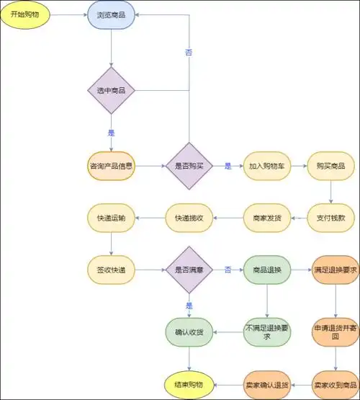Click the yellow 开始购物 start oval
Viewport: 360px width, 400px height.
coord(24,14)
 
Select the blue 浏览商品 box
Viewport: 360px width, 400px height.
coord(111,14)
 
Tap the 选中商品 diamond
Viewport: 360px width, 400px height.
coord(111,91)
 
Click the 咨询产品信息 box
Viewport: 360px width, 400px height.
coord(111,166)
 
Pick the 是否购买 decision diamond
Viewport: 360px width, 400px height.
coord(189,166)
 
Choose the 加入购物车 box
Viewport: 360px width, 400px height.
coord(266,166)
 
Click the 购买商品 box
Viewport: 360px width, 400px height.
coord(330,166)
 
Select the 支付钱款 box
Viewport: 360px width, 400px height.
coord(330,217)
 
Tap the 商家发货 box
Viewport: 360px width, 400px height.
coord(266,217)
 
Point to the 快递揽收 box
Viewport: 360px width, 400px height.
coord(189,217)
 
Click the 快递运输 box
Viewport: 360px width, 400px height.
coord(111,217)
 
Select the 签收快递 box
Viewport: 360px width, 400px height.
coord(111,270)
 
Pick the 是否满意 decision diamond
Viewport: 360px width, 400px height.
coord(189,270)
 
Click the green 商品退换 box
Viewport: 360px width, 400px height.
coord(266,270)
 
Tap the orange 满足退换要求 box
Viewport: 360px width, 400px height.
coord(335,270)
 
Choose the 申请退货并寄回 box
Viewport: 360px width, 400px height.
coord(335,332)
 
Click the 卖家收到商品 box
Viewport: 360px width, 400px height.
coord(335,382)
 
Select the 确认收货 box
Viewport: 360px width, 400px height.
coord(189,332)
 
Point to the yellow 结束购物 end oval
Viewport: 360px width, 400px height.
coord(189,382)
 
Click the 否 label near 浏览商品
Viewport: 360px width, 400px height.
coord(189,53)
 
